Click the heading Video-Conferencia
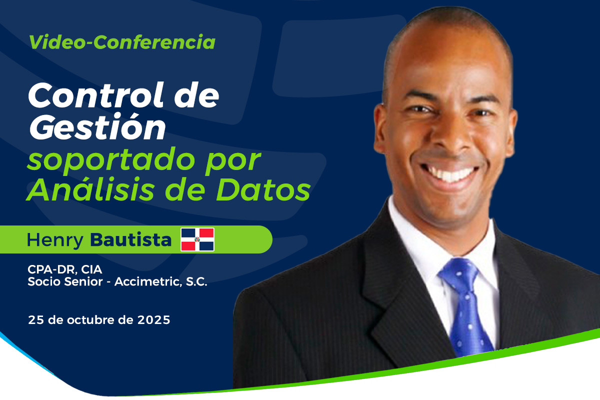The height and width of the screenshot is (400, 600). point(122,42)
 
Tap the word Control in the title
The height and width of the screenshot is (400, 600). point(95,95)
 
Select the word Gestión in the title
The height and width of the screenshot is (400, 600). point(97,127)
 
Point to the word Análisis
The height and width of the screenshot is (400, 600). point(90,189)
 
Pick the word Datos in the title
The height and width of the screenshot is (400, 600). point(263,189)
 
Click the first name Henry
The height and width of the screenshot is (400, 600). point(55,240)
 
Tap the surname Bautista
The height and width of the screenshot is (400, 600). point(130,239)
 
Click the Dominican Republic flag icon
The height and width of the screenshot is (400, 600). point(197,239)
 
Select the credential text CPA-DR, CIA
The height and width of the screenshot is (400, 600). point(65,269)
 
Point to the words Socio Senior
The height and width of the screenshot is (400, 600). point(65,281)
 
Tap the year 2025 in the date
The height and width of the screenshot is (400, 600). point(154,320)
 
